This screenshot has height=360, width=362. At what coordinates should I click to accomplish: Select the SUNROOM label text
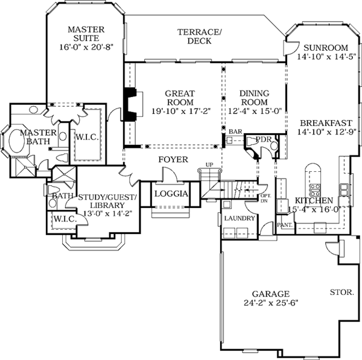(326, 48)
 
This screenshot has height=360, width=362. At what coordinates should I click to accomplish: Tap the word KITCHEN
(313, 200)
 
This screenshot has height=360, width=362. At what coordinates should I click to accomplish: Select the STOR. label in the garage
(341, 292)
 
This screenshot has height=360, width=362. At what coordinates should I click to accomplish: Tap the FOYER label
(173, 160)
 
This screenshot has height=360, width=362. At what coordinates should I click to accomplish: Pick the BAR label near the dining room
(235, 131)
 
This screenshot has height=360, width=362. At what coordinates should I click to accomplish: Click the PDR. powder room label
(263, 139)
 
